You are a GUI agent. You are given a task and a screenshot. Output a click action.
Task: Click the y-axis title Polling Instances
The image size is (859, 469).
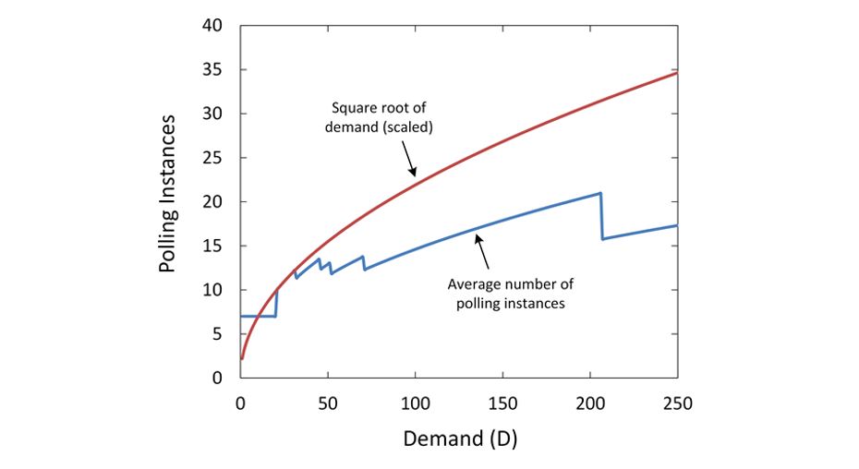167,194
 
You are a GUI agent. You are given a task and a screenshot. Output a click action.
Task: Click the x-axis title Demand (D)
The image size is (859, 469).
459,438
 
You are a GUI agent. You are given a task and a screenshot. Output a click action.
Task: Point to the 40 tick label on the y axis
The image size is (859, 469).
212,26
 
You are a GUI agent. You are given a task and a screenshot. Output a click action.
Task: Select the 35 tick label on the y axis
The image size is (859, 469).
212,70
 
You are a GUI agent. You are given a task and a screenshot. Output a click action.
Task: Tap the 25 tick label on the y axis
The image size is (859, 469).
212,158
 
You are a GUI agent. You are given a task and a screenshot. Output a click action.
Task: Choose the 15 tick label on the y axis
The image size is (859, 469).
212,246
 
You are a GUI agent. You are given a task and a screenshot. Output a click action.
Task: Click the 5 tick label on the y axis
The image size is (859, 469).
217,334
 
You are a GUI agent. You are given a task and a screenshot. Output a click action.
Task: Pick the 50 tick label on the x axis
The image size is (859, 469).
328,403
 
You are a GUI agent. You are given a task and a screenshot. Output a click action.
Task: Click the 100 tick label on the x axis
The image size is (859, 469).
415,403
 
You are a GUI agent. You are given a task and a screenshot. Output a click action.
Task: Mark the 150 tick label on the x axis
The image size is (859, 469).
502,403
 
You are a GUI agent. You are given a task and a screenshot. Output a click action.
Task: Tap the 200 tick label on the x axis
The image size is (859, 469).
590,403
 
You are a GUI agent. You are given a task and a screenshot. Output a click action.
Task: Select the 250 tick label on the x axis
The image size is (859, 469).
677,403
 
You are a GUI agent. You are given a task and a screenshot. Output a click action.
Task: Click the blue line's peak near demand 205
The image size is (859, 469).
600,193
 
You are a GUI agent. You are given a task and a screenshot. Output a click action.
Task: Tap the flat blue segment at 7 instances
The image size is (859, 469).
259,316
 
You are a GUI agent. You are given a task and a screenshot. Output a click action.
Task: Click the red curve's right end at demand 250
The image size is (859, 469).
677,72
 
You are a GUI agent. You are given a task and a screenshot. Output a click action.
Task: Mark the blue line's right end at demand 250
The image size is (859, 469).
677,225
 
